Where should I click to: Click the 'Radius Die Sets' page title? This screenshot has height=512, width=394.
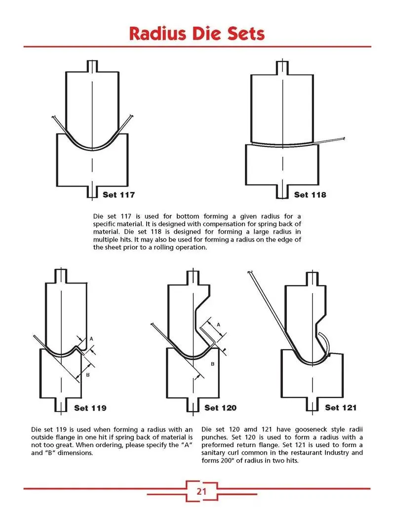pos(197,33)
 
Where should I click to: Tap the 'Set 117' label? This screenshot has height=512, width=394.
pos(118,195)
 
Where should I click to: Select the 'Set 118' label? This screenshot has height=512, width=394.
pos(310,195)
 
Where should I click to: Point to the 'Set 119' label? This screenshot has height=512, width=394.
pos(90,408)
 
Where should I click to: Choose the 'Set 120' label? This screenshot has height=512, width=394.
pos(221,408)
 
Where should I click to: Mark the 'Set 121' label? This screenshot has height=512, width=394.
pos(341,408)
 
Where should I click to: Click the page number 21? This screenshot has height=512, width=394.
pos(201,491)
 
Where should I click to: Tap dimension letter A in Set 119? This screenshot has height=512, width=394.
pos(91,339)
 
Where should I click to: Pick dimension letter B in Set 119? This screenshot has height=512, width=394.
pos(88,375)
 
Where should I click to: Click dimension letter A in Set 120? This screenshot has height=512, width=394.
pos(218,325)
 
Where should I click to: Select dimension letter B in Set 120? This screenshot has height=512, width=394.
pos(212,364)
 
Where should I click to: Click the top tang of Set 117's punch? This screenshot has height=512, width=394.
pos(92,66)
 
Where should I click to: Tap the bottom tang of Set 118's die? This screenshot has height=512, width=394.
pos(282,191)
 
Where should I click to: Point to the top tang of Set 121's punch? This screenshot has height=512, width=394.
pos(312,279)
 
